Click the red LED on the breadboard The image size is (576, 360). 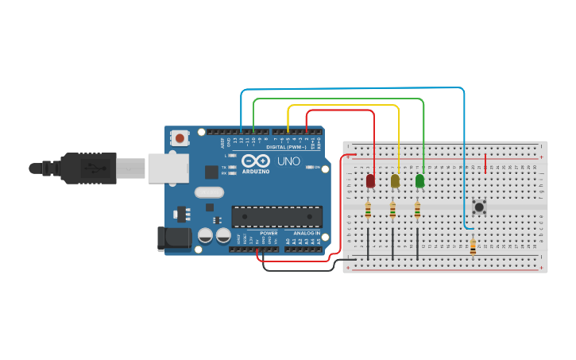tap(370, 181)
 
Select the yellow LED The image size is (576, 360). tap(395, 181)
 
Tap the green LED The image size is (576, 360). tap(419, 181)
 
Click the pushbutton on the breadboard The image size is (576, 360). tap(479, 207)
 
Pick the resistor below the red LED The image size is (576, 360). tap(368, 211)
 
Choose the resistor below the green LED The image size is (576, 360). tap(417, 211)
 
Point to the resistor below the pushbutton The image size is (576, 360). tap(473, 247)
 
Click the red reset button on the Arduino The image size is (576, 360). tap(180, 138)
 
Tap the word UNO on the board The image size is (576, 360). tap(288, 161)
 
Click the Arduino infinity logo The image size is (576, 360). tap(256, 161)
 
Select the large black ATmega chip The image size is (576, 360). tap(276, 216)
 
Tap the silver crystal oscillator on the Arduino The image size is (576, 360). tap(209, 192)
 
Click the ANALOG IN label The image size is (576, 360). tap(307, 233)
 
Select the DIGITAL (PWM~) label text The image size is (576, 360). tap(286, 147)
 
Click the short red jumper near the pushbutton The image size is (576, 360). tap(485, 164)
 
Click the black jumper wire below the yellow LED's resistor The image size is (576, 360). tap(392, 244)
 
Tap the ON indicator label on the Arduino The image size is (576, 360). tap(318, 167)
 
